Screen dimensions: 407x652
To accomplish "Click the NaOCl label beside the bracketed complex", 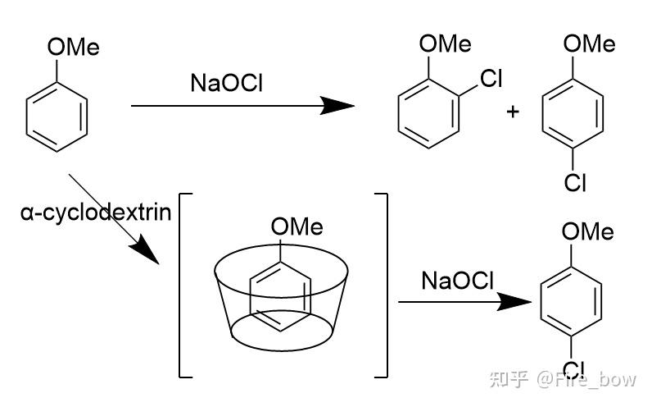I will pyautogui.click(x=458, y=281).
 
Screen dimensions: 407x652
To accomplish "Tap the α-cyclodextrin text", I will pyautogui.click(x=97, y=213).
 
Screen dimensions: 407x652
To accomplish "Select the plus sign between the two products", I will pyautogui.click(x=514, y=112).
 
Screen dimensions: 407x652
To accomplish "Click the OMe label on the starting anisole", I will pyautogui.click(x=73, y=47).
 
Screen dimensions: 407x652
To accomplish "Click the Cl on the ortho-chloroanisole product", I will pyautogui.click(x=490, y=79).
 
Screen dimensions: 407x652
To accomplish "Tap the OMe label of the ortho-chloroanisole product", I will pyautogui.click(x=445, y=43).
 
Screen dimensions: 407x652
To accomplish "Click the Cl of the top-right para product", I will pyautogui.click(x=575, y=183).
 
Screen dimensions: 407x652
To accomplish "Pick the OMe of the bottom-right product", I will pyautogui.click(x=587, y=232).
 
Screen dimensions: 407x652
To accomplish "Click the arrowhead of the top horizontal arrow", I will pyautogui.click(x=337, y=106).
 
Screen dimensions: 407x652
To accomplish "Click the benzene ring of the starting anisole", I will pyautogui.click(x=56, y=120).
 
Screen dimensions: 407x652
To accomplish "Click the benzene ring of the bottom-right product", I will pyautogui.click(x=573, y=303).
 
